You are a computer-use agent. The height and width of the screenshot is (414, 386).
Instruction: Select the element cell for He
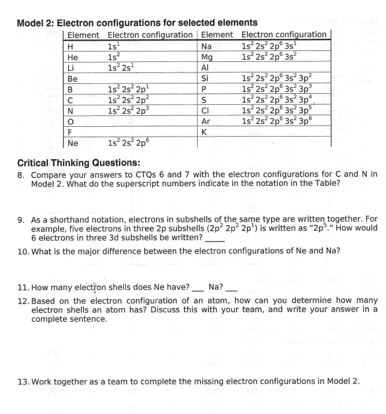[x=72, y=57]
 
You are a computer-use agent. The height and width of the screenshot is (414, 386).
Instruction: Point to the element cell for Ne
[x=72, y=142]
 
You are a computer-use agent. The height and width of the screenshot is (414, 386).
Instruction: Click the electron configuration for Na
[x=271, y=46]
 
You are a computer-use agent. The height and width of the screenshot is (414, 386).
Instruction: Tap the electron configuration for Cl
[x=276, y=110]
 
